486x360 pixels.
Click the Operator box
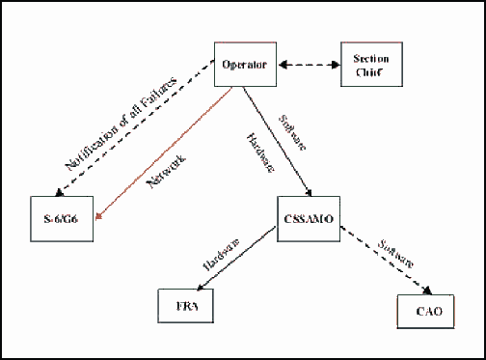[243, 65]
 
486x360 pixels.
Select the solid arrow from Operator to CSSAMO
[275, 140]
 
